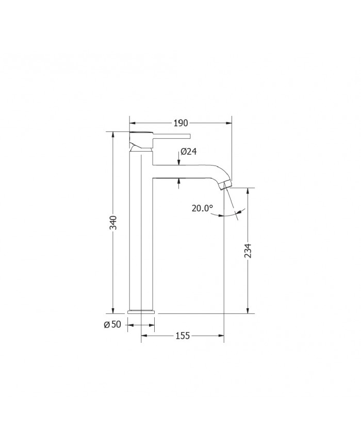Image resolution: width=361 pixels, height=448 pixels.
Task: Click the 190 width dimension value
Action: pyautogui.click(x=180, y=123)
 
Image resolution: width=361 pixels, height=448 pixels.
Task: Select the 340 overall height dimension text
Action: pyautogui.click(x=113, y=223)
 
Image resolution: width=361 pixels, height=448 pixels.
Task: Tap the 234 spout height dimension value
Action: pyautogui.click(x=248, y=251)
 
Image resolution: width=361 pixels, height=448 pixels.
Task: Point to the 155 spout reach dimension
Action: pyautogui.click(x=183, y=336)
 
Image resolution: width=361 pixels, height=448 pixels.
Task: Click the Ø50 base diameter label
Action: pyautogui.click(x=112, y=325)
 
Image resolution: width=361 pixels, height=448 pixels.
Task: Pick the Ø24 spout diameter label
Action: pyautogui.click(x=189, y=151)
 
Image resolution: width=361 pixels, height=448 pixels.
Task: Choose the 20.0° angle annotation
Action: pyautogui.click(x=202, y=208)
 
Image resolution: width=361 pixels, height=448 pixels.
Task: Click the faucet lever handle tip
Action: pyautogui.click(x=189, y=136)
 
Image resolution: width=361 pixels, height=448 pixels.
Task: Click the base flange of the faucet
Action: pyautogui.click(x=141, y=312)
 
